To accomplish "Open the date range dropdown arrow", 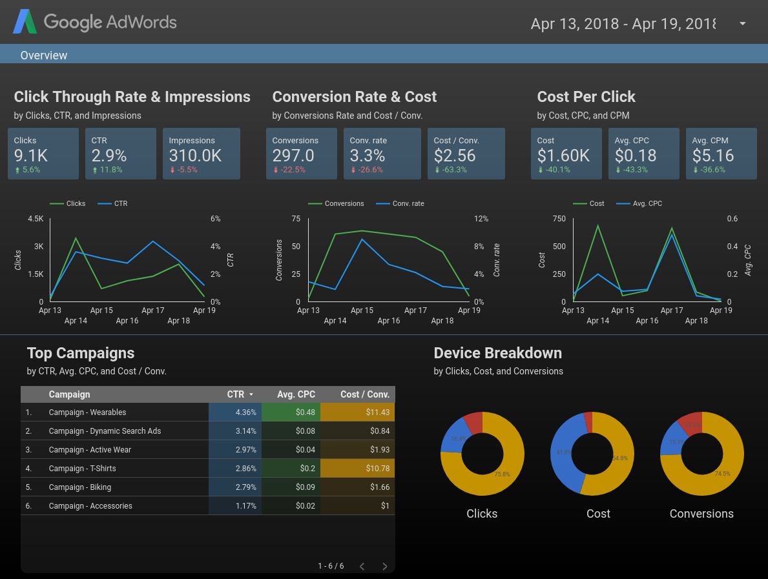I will (742, 24).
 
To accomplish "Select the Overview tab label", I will (44, 56).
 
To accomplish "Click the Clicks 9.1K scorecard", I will (43, 154).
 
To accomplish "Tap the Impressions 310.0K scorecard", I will (201, 154).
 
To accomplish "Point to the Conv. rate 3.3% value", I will (368, 156).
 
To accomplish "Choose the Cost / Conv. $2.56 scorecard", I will (466, 154).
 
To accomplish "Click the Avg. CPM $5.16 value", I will (713, 156).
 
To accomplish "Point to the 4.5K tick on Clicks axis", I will (36, 219).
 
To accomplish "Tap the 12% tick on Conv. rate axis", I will (481, 219).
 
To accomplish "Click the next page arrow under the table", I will (385, 566).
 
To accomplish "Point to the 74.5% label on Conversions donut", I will (722, 473).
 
